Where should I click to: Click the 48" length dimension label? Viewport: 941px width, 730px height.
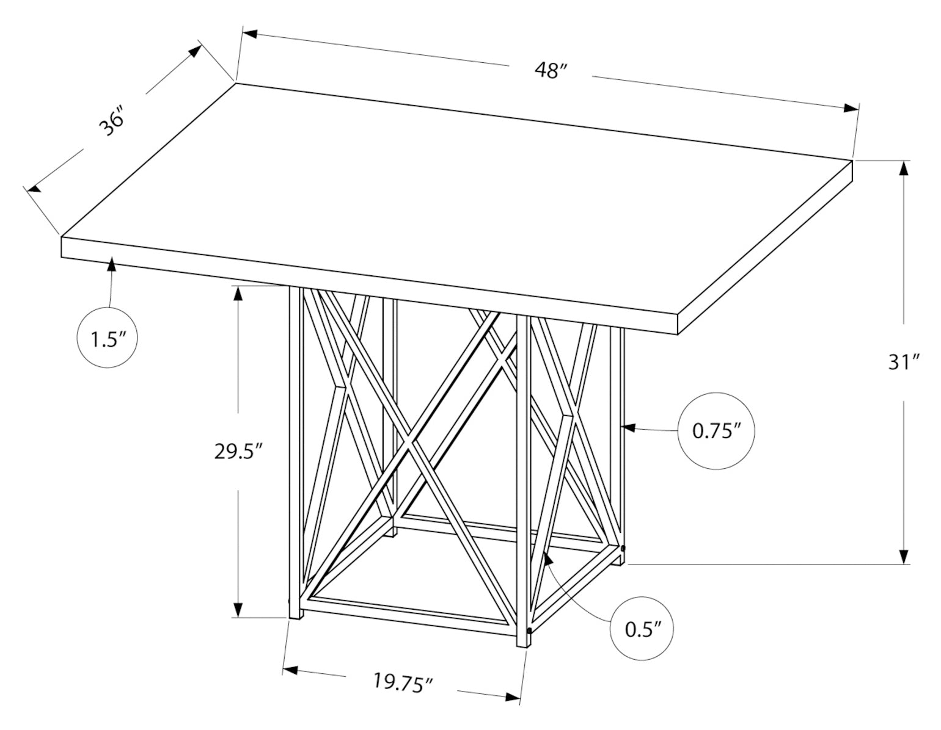click(551, 70)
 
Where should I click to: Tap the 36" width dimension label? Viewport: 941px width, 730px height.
click(112, 123)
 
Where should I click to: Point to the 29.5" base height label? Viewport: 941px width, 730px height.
click(238, 452)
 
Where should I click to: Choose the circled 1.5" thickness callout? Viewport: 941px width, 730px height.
click(107, 338)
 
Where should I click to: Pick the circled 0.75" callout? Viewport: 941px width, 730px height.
click(716, 431)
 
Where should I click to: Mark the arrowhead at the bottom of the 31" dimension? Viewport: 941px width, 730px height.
click(904, 557)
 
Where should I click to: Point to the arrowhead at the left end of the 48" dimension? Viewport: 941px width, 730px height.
click(251, 34)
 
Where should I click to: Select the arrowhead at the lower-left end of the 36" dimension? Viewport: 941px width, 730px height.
click(34, 187)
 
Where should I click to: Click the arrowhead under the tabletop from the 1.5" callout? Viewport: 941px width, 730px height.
click(112, 264)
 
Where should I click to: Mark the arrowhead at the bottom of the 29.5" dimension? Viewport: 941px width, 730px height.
click(238, 610)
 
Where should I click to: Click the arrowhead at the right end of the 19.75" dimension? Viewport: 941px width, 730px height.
click(513, 709)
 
